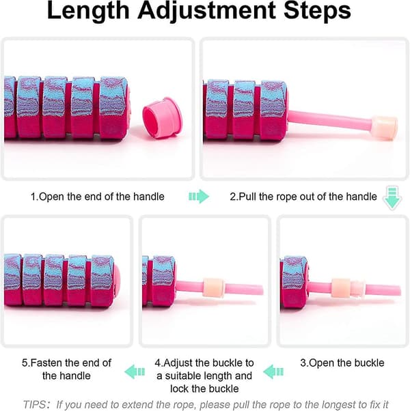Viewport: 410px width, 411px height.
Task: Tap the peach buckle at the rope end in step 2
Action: [x=384, y=128]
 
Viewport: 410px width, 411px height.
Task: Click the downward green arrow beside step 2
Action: [x=392, y=197]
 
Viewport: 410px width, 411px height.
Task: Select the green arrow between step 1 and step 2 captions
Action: [x=199, y=197]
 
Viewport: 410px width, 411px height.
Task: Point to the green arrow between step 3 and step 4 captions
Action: [x=273, y=371]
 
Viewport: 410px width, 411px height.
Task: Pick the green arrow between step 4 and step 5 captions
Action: [x=135, y=371]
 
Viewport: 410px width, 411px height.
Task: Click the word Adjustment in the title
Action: [x=206, y=11]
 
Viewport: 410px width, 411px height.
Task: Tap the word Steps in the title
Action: [x=317, y=11]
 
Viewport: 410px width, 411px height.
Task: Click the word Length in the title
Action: [x=88, y=11]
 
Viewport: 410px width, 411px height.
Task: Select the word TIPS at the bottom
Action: [x=35, y=404]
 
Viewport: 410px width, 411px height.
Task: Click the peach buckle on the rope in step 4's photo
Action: [x=213, y=287]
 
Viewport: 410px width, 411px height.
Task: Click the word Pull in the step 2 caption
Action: [x=248, y=197]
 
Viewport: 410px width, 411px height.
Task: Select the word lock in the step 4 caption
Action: [x=180, y=388]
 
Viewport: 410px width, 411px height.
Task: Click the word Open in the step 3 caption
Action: [x=322, y=363]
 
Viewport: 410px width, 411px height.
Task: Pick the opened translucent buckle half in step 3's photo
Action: [x=357, y=289]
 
